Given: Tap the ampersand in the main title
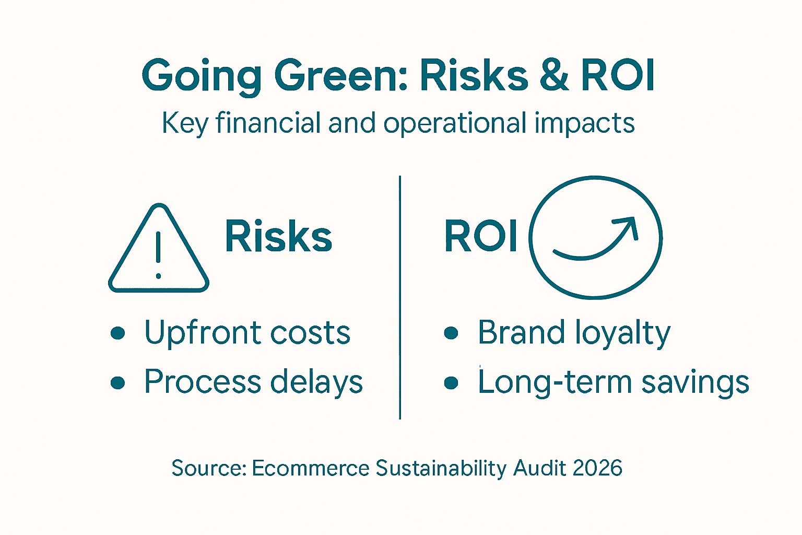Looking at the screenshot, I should tap(553, 76).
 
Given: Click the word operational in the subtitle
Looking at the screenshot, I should tap(455, 124).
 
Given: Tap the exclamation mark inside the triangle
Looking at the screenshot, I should tap(158, 254).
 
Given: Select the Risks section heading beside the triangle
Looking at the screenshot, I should tap(278, 237).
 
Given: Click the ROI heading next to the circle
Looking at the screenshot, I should tap(481, 237).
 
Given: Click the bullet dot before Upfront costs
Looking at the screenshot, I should tap(119, 333).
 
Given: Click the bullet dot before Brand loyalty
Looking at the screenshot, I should tap(451, 333).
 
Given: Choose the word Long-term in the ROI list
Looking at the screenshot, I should tap(555, 382).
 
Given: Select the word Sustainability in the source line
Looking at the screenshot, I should tap(441, 468).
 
